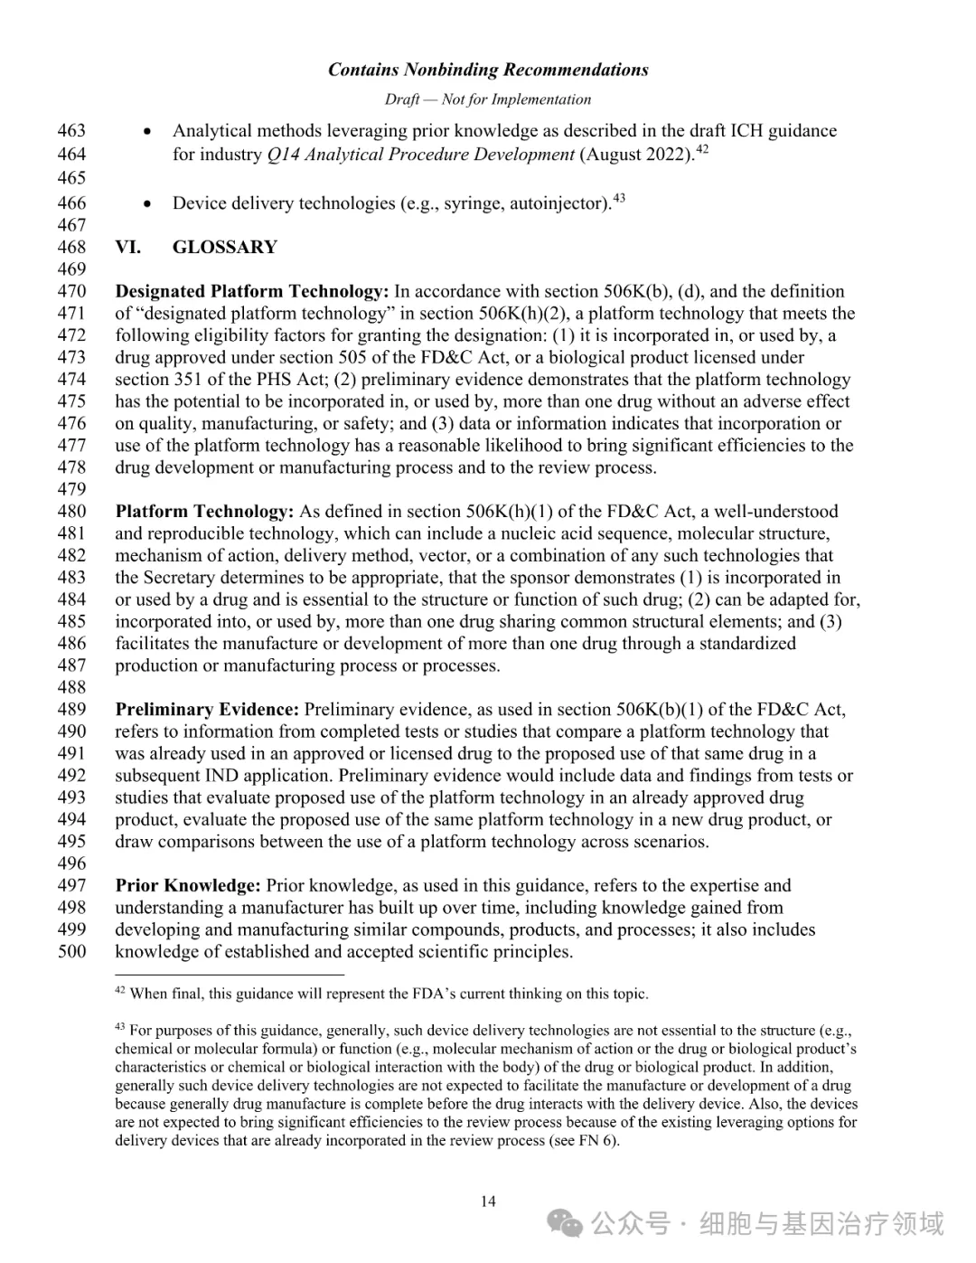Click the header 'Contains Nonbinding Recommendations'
click(488, 70)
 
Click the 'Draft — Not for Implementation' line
click(488, 99)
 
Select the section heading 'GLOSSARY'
click(225, 247)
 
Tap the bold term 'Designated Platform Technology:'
click(252, 291)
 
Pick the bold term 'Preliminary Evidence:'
click(207, 710)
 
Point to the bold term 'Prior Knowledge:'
click(188, 885)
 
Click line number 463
click(71, 131)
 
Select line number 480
click(71, 512)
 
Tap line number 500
click(71, 951)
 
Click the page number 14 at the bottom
click(488, 1202)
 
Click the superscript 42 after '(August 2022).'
click(702, 149)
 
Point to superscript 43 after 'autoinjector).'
click(619, 197)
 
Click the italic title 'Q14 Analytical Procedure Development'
click(421, 155)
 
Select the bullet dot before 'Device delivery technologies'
click(147, 203)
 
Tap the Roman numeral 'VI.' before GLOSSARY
click(127, 247)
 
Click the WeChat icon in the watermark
click(567, 1224)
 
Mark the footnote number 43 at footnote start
click(120, 1027)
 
